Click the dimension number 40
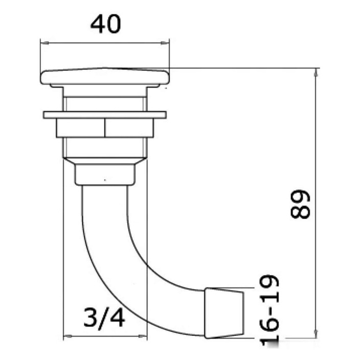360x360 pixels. click(x=106, y=24)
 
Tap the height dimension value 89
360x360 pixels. click(x=300, y=204)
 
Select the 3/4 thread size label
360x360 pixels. click(x=104, y=319)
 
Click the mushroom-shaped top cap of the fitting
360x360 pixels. click(x=105, y=77)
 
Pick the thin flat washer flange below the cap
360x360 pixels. click(x=105, y=115)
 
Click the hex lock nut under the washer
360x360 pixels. click(x=105, y=128)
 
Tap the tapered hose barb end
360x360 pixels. click(x=223, y=313)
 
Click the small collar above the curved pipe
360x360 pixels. click(x=105, y=175)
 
